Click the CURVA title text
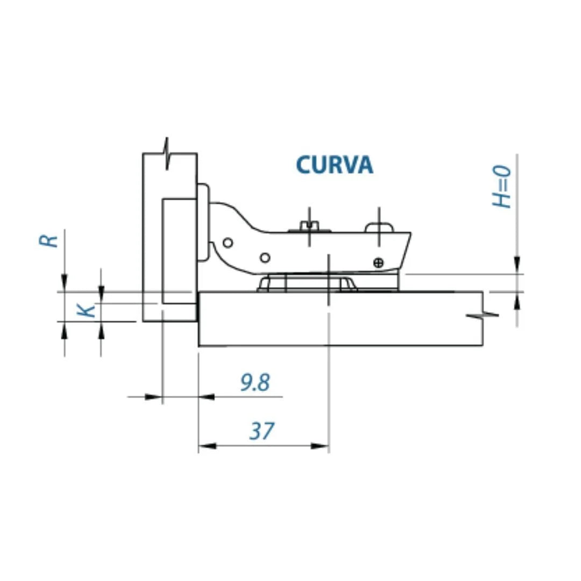click(x=334, y=165)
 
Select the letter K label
click(x=87, y=310)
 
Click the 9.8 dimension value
click(x=255, y=383)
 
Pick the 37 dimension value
click(x=262, y=431)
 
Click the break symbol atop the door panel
click(x=169, y=153)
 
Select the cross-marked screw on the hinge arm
click(x=379, y=262)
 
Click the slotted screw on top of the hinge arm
click(x=309, y=225)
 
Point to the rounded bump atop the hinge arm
click(x=379, y=227)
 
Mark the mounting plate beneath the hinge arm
click(x=308, y=283)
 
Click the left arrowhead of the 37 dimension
click(x=206, y=445)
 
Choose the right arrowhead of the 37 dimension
click(x=321, y=445)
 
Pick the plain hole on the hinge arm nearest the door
click(x=228, y=243)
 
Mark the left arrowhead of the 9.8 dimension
click(x=154, y=397)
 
